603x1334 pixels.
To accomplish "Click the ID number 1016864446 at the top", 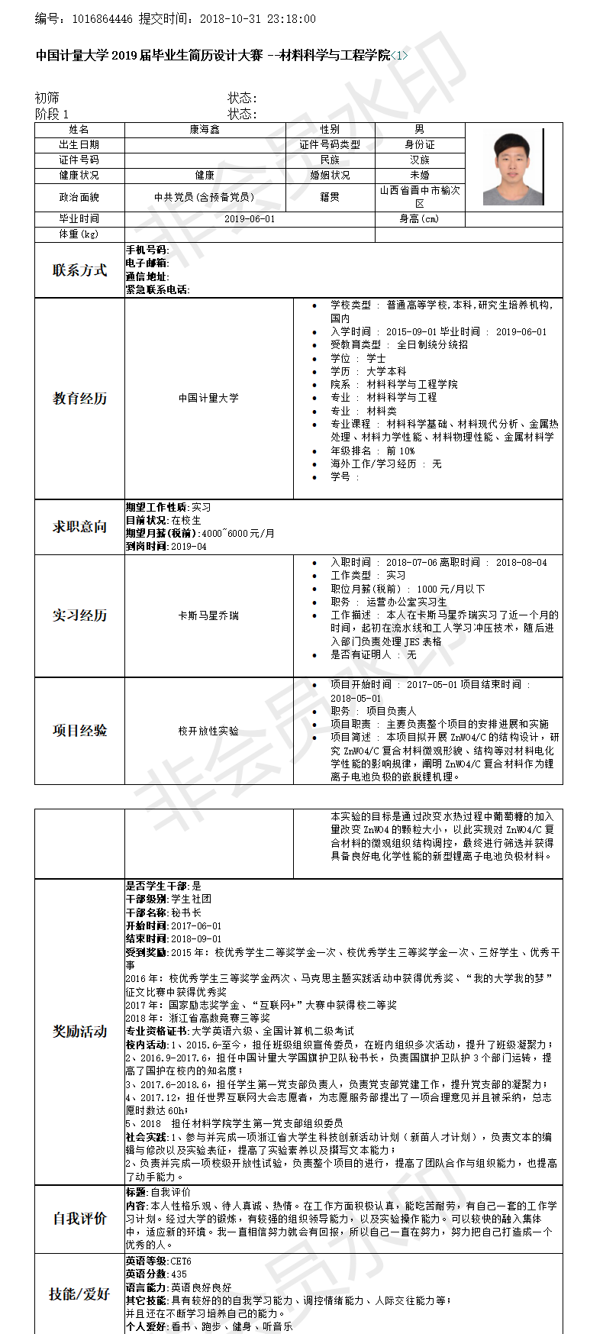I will (102, 19).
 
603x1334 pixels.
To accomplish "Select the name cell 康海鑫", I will (205, 130).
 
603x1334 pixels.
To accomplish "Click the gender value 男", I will (420, 130).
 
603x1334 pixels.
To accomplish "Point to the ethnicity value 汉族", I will (420, 160).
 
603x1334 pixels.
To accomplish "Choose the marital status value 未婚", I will (420, 176).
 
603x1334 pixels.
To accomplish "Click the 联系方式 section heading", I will (79, 270).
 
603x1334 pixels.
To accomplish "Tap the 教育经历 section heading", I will (79, 399).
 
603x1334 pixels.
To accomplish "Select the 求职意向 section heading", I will (79, 527).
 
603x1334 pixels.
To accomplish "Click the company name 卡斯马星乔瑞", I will (208, 615).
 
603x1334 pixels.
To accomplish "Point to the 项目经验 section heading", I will (79, 731).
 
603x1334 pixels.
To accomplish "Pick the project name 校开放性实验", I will (208, 731).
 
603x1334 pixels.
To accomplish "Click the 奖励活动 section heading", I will (79, 1032).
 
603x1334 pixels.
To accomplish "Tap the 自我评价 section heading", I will (79, 1219).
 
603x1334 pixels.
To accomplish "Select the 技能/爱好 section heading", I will (79, 1294).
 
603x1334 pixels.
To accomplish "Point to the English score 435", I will (179, 1274).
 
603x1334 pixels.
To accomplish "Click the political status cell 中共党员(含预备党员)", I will (205, 197).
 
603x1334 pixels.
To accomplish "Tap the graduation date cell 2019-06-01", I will (250, 219).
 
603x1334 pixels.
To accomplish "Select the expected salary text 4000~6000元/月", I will (238, 534).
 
